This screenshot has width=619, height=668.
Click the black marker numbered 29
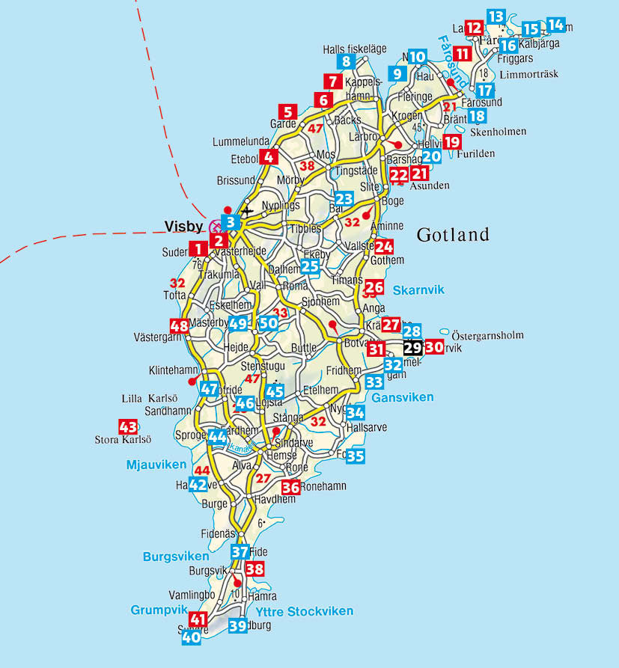[412, 348]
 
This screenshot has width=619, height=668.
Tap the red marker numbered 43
[128, 427]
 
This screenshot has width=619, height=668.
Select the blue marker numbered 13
[495, 16]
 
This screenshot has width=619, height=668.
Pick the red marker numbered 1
[198, 248]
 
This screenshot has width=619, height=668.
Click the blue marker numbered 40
[191, 637]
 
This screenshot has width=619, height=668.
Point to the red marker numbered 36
[290, 488]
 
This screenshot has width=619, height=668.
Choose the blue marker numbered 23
[344, 199]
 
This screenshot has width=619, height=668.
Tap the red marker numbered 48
[179, 326]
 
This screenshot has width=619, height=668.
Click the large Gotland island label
[453, 234]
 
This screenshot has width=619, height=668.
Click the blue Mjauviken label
[156, 465]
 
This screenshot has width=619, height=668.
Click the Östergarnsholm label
[487, 335]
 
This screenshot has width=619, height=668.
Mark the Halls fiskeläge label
[354, 49]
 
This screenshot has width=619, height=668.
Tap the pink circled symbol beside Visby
[216, 225]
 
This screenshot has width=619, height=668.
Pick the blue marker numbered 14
[555, 24]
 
